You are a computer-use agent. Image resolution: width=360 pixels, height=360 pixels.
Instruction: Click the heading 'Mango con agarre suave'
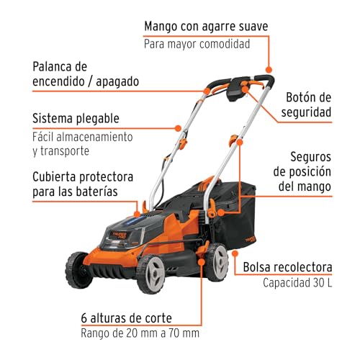tap(206, 27)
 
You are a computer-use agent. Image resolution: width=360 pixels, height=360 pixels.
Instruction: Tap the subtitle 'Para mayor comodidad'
tap(197, 45)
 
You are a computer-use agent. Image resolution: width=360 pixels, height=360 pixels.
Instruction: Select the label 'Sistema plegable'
tap(76, 118)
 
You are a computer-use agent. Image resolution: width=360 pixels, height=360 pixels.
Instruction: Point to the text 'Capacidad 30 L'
tap(297, 283)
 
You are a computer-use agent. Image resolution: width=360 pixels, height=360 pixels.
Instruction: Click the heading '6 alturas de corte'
tap(127, 318)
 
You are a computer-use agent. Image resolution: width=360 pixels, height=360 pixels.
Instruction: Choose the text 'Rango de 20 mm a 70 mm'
tap(140, 333)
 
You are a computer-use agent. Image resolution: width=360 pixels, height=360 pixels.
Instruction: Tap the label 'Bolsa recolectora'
tap(287, 267)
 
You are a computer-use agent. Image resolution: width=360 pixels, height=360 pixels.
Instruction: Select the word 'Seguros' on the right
tap(310, 157)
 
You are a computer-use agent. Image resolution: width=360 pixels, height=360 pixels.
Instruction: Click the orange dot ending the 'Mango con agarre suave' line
tap(269, 70)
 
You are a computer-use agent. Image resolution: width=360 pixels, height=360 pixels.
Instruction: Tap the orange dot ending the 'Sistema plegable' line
tap(178, 128)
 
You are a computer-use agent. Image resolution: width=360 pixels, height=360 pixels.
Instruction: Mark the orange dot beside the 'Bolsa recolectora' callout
tap(235, 253)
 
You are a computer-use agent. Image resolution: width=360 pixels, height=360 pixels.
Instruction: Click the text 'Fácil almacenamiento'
tap(83, 137)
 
